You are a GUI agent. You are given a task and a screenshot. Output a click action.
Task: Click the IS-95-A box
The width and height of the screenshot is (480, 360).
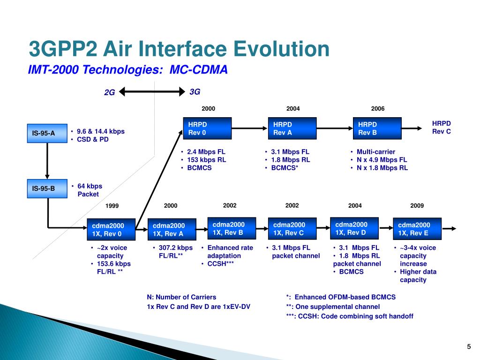click(x=47, y=133)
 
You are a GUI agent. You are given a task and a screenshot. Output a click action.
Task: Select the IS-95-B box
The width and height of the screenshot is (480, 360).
click(x=47, y=188)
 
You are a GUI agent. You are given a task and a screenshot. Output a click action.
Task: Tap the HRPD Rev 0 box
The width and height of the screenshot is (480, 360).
click(x=207, y=128)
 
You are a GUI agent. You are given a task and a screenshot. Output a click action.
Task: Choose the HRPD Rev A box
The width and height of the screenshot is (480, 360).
click(x=292, y=128)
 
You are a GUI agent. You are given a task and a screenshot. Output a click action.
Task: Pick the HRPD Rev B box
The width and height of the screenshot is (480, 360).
click(x=377, y=128)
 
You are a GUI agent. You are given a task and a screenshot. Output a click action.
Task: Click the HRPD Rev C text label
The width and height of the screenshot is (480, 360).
click(x=442, y=127)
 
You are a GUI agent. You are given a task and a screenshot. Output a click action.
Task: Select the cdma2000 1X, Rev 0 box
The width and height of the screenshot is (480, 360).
click(x=111, y=229)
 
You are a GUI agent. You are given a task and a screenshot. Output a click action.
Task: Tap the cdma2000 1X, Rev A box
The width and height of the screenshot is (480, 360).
click(x=172, y=229)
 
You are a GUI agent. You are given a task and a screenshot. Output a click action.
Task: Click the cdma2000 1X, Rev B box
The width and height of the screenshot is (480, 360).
click(x=232, y=228)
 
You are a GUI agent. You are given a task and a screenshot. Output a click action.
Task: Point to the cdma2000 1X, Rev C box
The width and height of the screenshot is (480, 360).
click(x=292, y=229)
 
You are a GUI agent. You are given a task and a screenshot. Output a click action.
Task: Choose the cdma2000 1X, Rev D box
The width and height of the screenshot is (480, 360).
click(x=354, y=228)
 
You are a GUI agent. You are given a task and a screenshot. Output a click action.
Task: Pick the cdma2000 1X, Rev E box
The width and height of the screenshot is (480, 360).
click(x=417, y=229)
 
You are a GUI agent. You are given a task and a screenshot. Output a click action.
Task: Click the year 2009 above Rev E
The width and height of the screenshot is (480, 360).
click(x=417, y=206)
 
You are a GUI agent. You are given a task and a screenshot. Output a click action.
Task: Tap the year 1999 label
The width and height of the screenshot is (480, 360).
click(x=112, y=206)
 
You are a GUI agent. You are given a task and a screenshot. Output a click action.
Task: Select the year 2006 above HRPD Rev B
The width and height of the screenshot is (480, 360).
click(x=378, y=109)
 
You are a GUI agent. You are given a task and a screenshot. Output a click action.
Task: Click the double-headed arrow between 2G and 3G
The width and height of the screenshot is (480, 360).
click(x=152, y=91)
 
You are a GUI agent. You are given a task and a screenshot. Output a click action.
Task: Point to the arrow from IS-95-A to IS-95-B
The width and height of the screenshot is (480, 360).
click(x=47, y=161)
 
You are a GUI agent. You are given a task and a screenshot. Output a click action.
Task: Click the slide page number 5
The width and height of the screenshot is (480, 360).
click(x=469, y=346)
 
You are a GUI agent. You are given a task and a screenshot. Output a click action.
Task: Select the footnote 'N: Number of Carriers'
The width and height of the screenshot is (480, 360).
click(x=181, y=297)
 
